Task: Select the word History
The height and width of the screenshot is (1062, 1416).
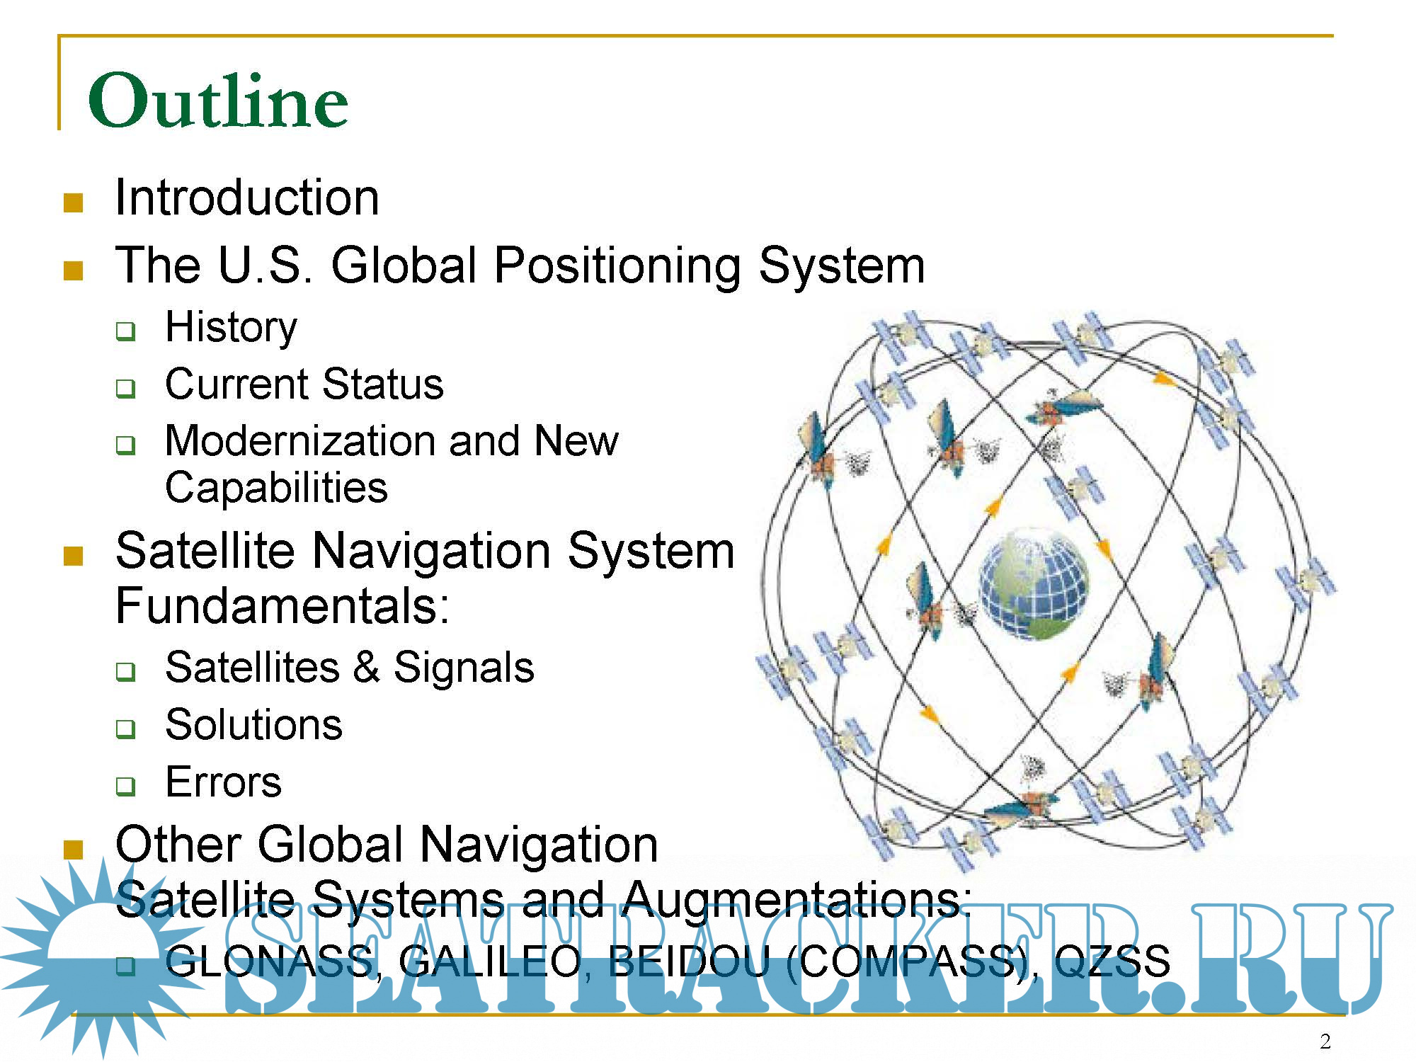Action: coord(231,328)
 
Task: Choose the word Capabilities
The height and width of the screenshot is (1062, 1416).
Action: coord(276,489)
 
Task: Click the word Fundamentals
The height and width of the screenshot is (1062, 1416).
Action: coord(282,606)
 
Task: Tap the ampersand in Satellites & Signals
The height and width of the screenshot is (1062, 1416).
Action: coord(367,668)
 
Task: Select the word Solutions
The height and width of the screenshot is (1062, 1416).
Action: coord(253,725)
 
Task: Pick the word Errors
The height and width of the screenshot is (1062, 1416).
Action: coord(223,782)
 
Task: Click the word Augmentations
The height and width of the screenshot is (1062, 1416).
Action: coord(796,901)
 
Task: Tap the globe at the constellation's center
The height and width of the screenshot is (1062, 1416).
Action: coord(1034,584)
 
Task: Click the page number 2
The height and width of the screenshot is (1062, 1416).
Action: coord(1325,1041)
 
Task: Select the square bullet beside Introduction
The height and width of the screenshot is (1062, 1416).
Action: coord(74,203)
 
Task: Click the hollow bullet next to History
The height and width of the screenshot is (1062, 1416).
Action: coord(126,331)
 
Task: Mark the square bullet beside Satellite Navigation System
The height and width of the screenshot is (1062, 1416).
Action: coord(74,556)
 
